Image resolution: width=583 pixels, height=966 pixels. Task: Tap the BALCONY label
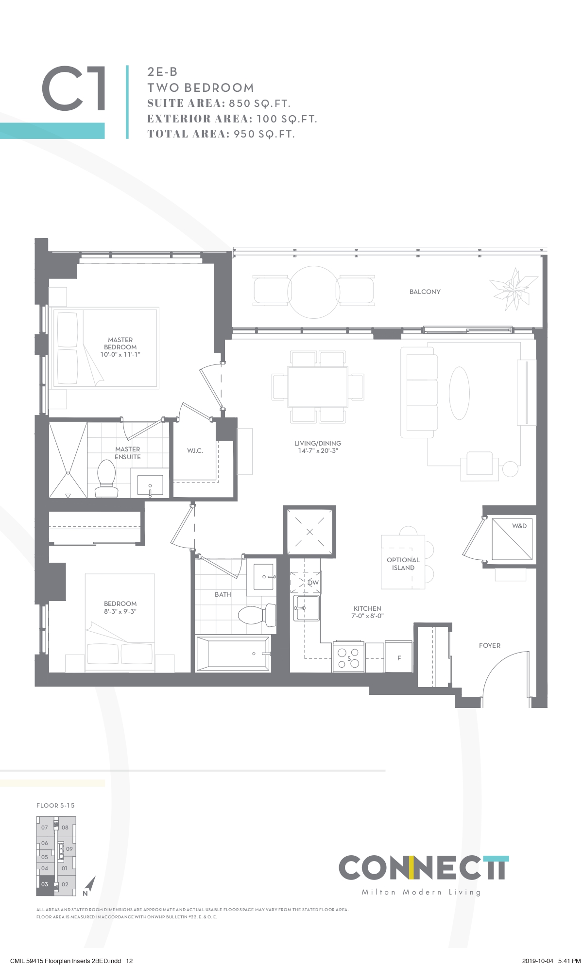pos(425,292)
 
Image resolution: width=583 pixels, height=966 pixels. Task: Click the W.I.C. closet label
pos(195,450)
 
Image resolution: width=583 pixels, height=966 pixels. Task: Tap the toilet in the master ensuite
pos(106,478)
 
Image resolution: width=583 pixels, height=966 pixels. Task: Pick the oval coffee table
pos(459,392)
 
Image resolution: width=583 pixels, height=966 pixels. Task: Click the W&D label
pos(519,526)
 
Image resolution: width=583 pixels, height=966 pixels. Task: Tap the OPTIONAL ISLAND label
pos(403,564)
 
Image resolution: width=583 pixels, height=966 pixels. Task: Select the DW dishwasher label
pos(313,583)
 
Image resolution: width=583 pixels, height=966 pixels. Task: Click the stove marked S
pos(349,657)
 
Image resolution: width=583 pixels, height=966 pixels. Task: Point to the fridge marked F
pos(399,656)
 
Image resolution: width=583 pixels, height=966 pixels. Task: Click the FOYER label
pos(489,645)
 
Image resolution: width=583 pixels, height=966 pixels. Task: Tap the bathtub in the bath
pos(233,654)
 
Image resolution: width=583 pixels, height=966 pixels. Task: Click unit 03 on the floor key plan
pos(45,884)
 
